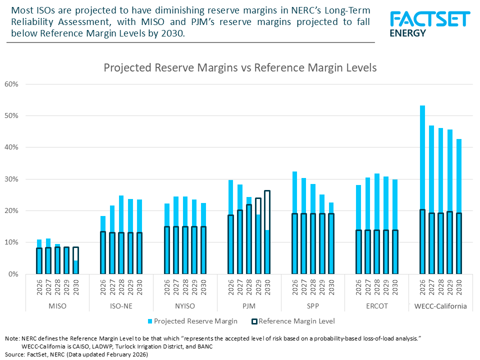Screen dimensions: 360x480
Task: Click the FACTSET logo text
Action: tap(429, 18)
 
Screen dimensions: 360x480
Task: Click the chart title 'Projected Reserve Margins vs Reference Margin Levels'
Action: tap(240, 67)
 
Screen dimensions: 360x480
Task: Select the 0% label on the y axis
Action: tap(13, 274)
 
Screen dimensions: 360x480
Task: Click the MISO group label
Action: tap(57, 306)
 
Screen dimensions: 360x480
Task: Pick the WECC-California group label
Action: tap(440, 306)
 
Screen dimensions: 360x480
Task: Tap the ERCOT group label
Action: tap(376, 306)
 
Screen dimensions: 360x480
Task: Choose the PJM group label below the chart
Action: tap(248, 306)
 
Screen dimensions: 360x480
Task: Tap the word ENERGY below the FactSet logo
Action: tap(407, 33)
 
